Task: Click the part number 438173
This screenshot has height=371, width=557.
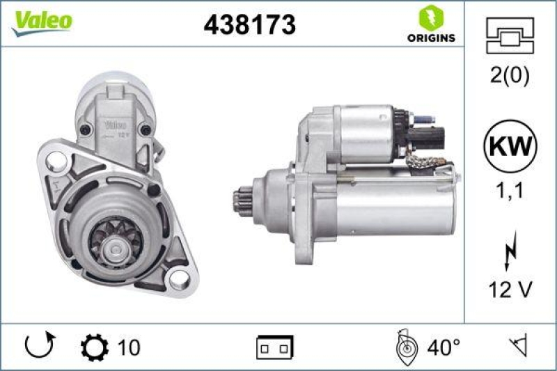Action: pos(249,24)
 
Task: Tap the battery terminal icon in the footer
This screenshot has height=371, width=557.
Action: pos(275,346)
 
